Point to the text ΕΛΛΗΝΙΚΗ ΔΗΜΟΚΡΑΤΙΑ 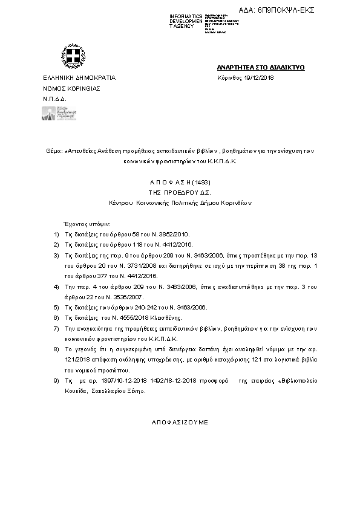click(79, 79)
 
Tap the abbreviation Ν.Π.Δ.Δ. click(54, 98)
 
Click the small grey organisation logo click(59, 114)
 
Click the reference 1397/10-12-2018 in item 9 click(107, 381)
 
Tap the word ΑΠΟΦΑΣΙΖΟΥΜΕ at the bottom click(179, 421)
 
